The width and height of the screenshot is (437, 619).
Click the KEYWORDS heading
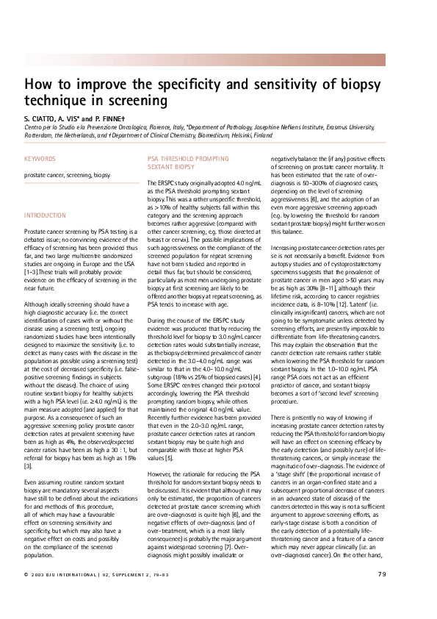tap(39, 158)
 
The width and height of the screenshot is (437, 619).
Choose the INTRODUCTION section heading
tap(46, 215)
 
